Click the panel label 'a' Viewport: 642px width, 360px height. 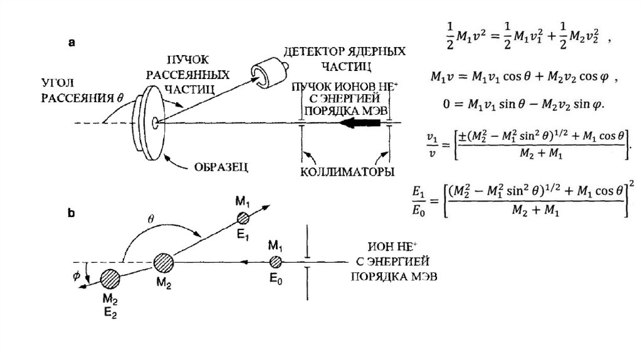click(x=72, y=43)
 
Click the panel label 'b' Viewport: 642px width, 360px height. click(x=72, y=213)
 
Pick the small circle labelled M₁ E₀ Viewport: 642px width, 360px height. click(x=274, y=262)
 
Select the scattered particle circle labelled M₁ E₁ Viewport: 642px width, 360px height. click(x=243, y=218)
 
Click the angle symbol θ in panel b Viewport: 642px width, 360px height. click(x=150, y=220)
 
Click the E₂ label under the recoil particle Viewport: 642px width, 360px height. click(x=110, y=308)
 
